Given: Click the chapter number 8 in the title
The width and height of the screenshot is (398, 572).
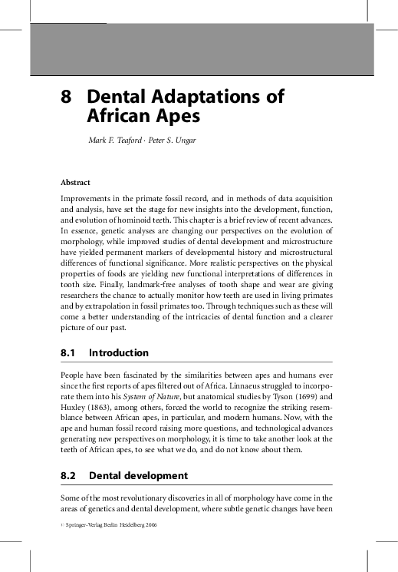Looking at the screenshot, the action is pyautogui.click(x=67, y=98).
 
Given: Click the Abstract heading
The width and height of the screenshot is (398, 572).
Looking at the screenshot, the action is pyautogui.click(x=75, y=183).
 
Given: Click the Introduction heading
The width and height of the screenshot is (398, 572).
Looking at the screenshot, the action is pyautogui.click(x=119, y=354).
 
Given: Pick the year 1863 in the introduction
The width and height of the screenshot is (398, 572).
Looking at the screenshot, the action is pyautogui.click(x=107, y=408).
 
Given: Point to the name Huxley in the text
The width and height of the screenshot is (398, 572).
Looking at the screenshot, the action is pyautogui.click(x=74, y=408).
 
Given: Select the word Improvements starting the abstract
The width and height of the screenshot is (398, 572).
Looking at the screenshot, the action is pyautogui.click(x=85, y=199).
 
